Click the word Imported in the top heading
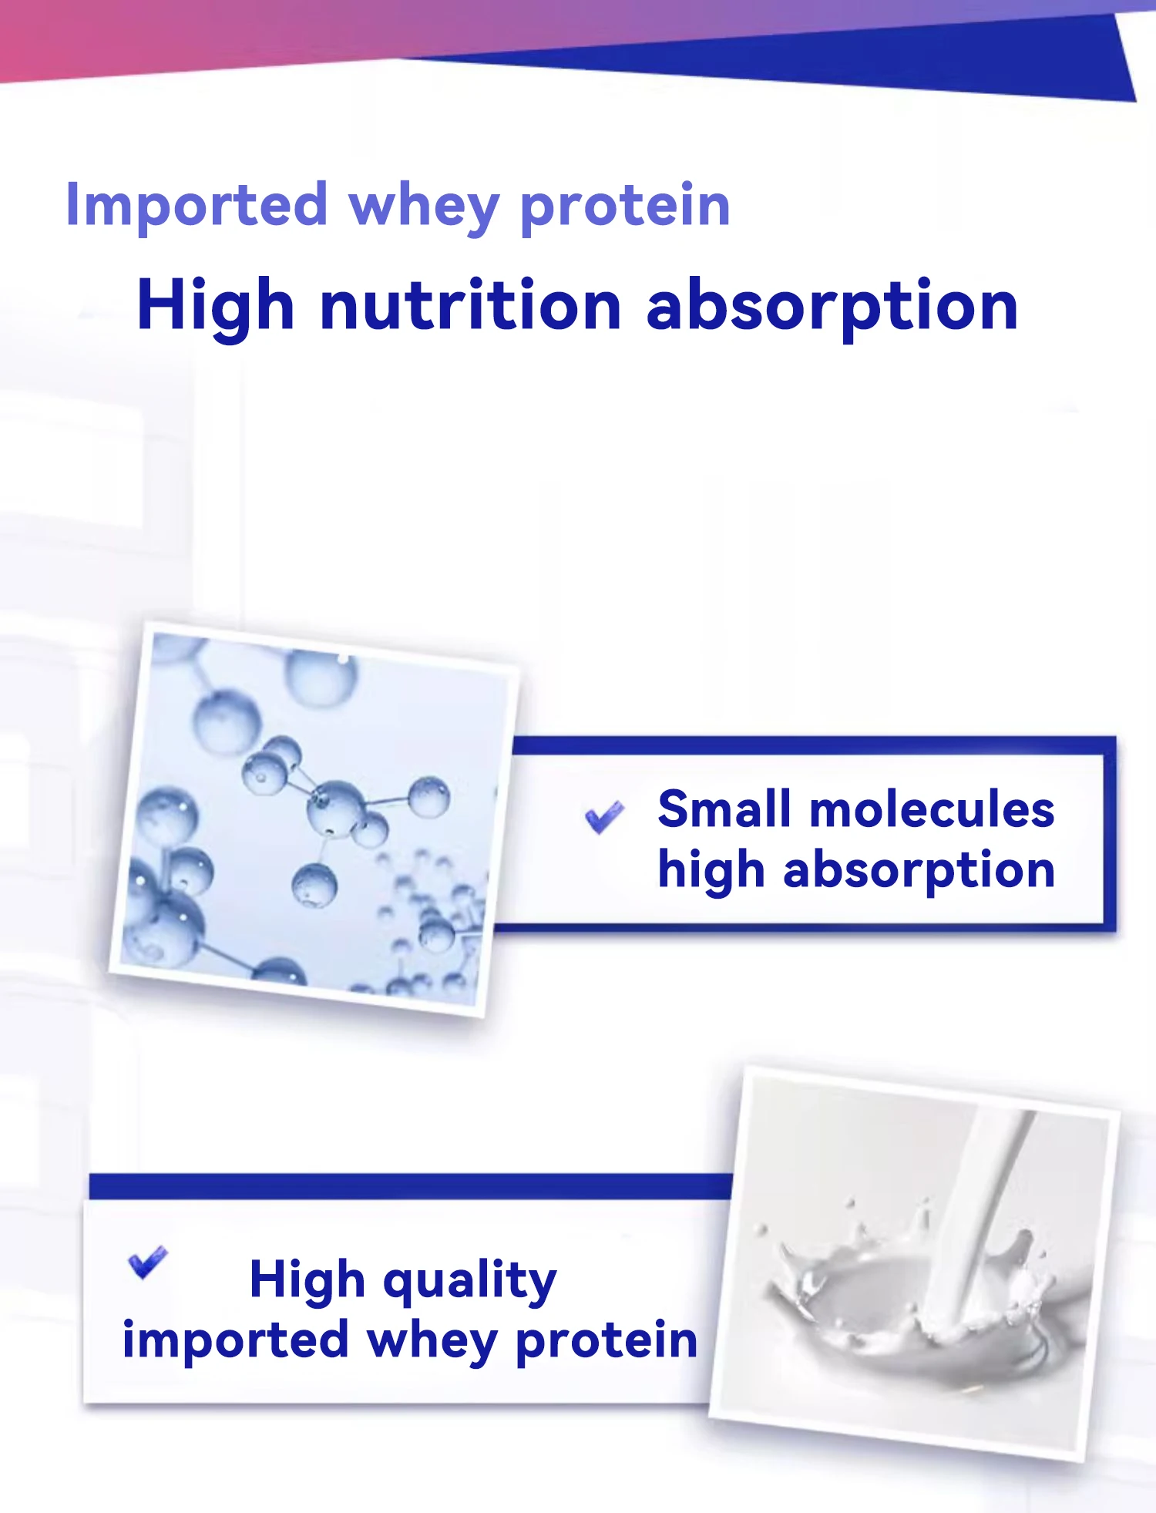pos(197,206)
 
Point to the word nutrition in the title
pos(470,305)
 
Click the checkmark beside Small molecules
pos(605,817)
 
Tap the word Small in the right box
pos(724,809)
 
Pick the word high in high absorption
pos(711,872)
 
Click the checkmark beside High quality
pos(147,1262)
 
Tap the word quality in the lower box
pos(469,1282)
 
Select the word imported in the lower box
pos(236,1341)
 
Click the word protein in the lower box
pos(607,1341)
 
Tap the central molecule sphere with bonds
pos(335,807)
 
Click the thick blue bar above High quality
pos(410,1186)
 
